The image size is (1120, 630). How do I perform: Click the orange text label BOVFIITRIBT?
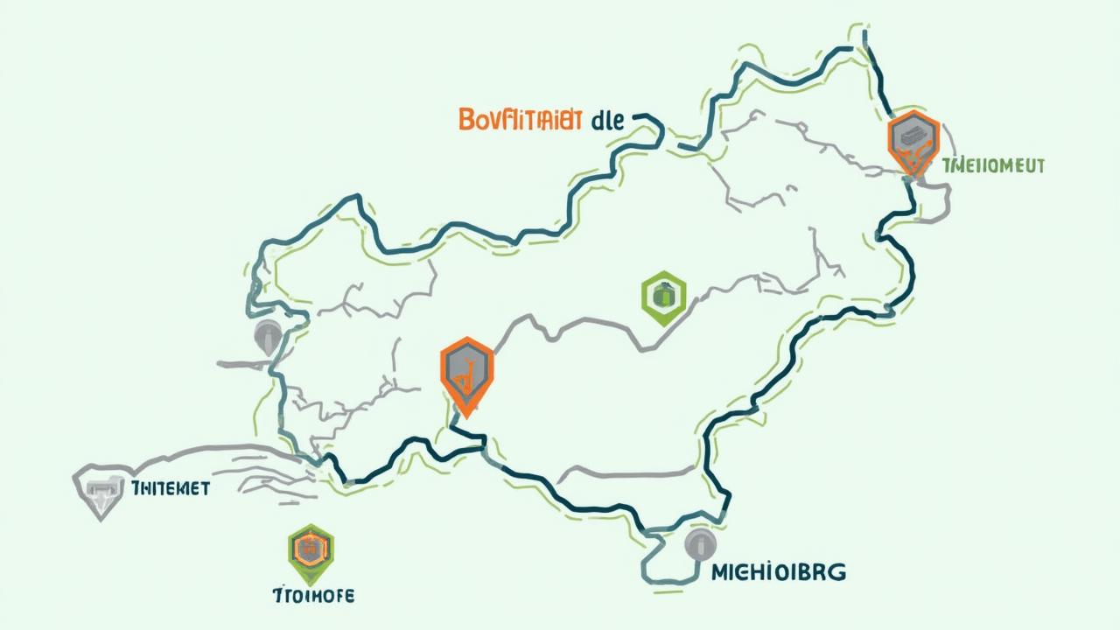coord(520,121)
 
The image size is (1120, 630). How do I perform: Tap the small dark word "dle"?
coord(607,121)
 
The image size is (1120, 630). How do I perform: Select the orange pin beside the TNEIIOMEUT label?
coord(913,142)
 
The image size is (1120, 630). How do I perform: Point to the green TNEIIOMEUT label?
coord(994,165)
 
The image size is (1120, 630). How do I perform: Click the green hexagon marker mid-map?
coord(663,297)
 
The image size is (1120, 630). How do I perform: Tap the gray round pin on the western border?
coord(268,337)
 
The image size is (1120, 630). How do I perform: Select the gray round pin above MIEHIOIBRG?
coord(699,544)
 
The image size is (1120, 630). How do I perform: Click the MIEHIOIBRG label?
coord(778,573)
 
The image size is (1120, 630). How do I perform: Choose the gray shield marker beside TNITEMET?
coord(101,490)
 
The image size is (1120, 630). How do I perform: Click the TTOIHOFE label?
coord(313,596)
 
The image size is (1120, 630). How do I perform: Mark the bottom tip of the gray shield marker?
coord(101,518)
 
